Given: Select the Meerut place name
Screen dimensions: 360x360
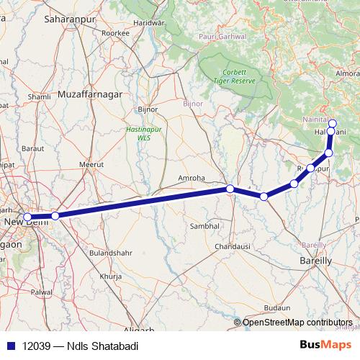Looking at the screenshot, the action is (x=91, y=164).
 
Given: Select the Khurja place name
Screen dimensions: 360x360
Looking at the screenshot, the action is (x=112, y=276).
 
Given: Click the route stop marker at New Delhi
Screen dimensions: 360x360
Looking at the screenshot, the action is (x=27, y=217).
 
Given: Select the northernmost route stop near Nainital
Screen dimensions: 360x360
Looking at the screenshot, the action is (x=333, y=123).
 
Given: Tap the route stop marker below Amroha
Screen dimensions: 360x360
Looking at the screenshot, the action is (x=230, y=189).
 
